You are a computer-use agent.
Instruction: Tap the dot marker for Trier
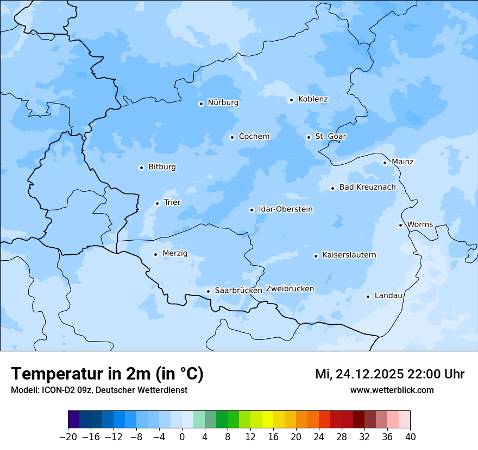point(157,203)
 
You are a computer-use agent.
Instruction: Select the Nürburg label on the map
point(223,102)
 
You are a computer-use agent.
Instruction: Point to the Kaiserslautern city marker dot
point(316,256)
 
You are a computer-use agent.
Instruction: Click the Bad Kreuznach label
point(367,187)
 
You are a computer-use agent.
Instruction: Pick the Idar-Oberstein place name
point(285,209)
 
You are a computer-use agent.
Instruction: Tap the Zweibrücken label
point(290,289)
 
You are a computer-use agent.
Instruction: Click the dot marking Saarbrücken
point(208,291)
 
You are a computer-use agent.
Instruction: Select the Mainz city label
point(402,162)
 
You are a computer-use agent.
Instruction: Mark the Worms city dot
point(400,225)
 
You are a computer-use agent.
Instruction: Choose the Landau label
point(388,295)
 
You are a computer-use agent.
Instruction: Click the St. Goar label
point(330,136)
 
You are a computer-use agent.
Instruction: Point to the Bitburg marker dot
point(141,168)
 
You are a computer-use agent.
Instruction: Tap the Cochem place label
point(254,136)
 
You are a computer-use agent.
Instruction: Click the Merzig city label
point(175,253)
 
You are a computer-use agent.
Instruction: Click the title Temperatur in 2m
point(107,374)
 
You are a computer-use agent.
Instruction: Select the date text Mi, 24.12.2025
point(360,374)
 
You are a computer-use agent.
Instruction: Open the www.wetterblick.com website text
point(392,390)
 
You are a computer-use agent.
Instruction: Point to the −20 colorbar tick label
point(68,437)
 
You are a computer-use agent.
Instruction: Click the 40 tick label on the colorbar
point(410,437)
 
